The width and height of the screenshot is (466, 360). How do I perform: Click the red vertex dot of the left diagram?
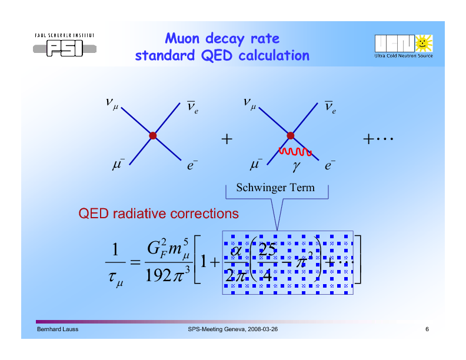tap(153, 135)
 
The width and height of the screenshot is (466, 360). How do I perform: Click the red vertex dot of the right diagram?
tap(290, 135)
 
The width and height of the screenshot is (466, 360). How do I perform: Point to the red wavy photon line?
tap(295, 152)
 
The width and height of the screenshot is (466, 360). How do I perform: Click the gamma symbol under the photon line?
tap(297, 167)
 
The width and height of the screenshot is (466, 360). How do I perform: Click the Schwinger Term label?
tap(275, 188)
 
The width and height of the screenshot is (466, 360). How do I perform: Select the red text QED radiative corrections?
tap(159, 213)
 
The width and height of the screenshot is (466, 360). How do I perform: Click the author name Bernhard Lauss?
tap(58, 329)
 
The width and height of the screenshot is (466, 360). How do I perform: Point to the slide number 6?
tap(427, 329)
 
